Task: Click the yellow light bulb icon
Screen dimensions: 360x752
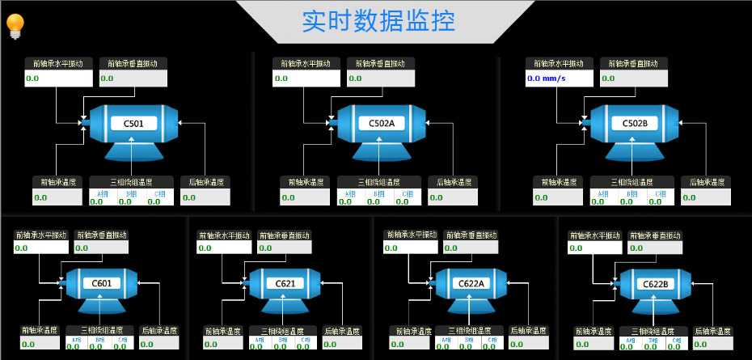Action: click(15, 25)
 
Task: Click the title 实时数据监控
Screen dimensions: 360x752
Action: click(378, 21)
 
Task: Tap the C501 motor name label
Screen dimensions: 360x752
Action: click(134, 123)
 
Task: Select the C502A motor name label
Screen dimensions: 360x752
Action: click(382, 123)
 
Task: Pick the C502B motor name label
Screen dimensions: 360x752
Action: click(635, 123)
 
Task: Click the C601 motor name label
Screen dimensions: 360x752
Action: click(102, 283)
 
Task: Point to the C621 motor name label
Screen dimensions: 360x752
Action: click(285, 283)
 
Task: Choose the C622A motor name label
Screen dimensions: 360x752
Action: click(471, 283)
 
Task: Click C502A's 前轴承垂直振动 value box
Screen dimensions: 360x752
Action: click(381, 78)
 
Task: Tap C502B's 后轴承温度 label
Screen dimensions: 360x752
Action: click(706, 182)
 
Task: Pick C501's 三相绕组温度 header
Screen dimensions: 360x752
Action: click(132, 182)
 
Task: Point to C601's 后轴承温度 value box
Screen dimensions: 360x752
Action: click(159, 344)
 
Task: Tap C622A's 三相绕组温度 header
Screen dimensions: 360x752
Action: click(469, 330)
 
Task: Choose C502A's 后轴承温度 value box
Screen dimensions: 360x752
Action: click(453, 197)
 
